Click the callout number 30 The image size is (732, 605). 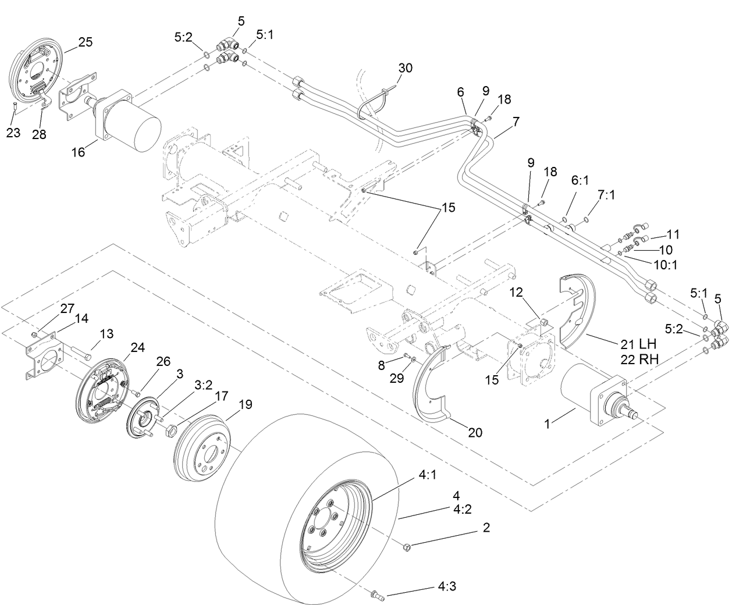406,68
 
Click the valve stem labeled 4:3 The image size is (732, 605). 375,595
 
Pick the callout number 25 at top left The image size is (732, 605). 86,42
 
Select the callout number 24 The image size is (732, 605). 137,348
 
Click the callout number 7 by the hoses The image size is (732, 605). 516,122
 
